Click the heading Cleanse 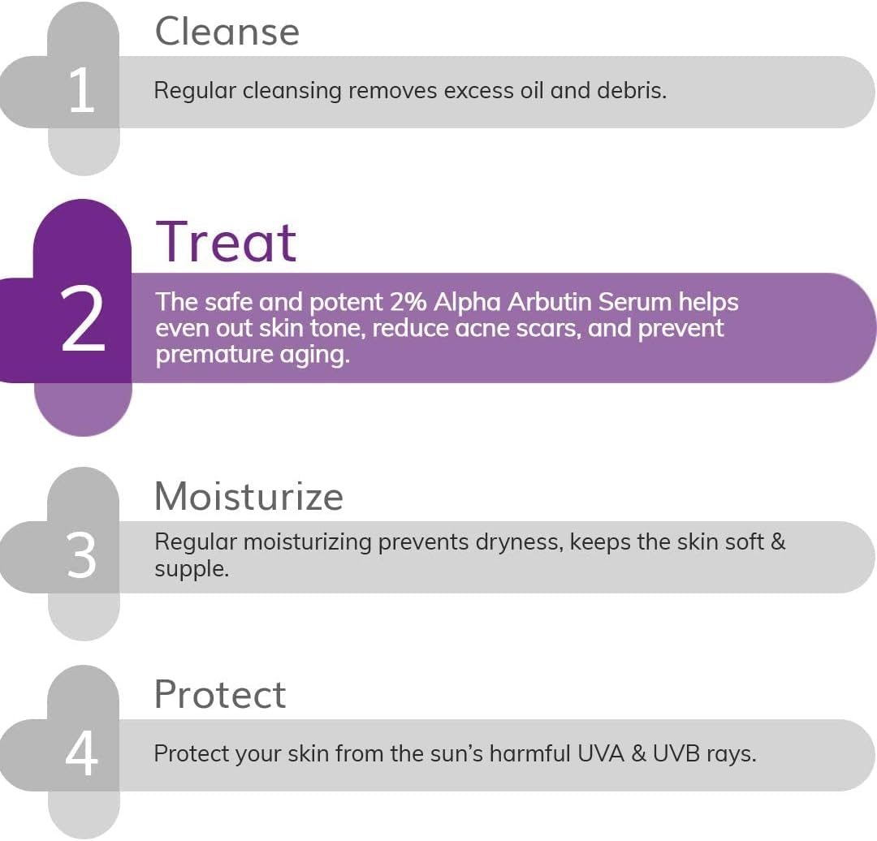click(227, 32)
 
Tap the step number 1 click(81, 91)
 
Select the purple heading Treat click(227, 242)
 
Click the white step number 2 click(83, 321)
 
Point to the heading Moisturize click(248, 496)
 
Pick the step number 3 click(82, 557)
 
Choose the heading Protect click(220, 695)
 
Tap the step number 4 click(81, 754)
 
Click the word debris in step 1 click(631, 90)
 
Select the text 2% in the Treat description click(407, 302)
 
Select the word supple click(191, 569)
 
